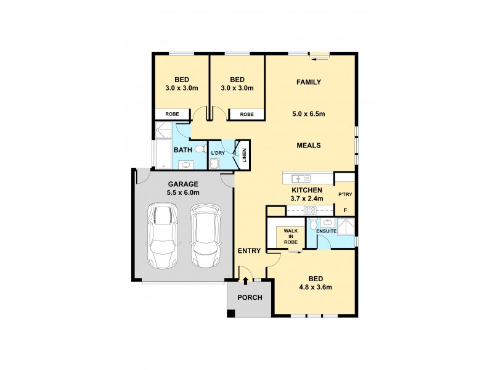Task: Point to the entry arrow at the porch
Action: pos(246,281)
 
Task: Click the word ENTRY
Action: pos(250,250)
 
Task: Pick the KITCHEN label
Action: pos(306,190)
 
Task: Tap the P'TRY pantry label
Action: pos(344,195)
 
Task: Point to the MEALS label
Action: pos(309,146)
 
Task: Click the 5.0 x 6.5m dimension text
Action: pos(309,113)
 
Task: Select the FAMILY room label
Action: pos(309,82)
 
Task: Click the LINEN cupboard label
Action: pos(245,156)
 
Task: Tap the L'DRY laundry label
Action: pos(218,152)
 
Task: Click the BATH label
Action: pos(182,150)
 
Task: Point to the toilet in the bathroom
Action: pos(200,149)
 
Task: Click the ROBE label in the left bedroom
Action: pos(172,114)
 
